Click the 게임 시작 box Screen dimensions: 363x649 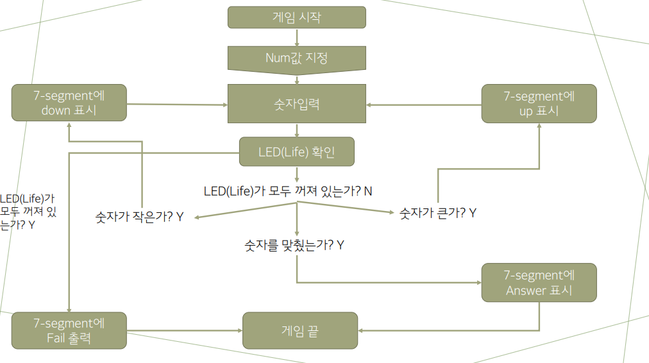(297, 17)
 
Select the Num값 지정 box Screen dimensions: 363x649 (297, 58)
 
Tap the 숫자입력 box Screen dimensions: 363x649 (297, 103)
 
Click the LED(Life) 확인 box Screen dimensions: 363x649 (297, 153)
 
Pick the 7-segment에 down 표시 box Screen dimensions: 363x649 (69, 103)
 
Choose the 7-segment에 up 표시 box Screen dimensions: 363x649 (539, 103)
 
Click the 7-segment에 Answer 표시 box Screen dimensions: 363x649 (539, 282)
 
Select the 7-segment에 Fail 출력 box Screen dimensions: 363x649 (69, 330)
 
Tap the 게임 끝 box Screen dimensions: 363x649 (299, 330)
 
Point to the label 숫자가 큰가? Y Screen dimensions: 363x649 (437, 212)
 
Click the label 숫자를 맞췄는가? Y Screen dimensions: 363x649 (294, 244)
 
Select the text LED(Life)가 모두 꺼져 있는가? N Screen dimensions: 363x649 (288, 191)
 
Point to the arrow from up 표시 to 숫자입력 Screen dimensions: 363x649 (424, 105)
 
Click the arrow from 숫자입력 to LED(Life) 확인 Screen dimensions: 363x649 (297, 130)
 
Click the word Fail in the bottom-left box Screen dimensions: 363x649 (56, 338)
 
